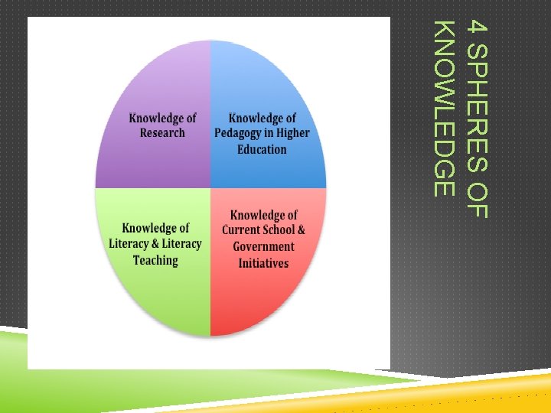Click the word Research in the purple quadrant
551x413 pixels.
click(x=162, y=133)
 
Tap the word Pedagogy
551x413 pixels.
click(x=246, y=134)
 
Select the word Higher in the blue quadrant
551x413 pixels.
click(x=293, y=134)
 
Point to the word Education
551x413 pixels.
click(x=262, y=149)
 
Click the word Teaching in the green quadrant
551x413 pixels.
click(x=155, y=260)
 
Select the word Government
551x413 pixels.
click(x=263, y=246)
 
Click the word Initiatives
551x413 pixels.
click(x=263, y=262)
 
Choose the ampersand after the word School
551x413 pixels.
click(x=301, y=230)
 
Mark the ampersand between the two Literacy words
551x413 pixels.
click(x=153, y=244)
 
